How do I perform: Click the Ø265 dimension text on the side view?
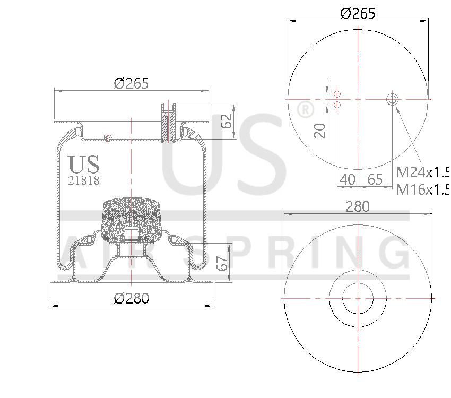131,83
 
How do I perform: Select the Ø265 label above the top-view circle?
358,13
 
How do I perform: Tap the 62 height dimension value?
227,122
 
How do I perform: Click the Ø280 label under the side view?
132,298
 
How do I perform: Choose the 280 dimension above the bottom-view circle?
358,206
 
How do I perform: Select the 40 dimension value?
347,179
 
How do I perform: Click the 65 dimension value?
375,179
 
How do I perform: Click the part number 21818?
84,180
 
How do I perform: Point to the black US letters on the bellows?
84,165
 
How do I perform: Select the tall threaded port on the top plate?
169,122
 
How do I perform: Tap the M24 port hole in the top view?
393,99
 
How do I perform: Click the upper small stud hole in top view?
336,94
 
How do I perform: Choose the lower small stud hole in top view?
336,105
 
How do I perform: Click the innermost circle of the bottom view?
358,298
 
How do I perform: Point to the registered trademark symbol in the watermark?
304,110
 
